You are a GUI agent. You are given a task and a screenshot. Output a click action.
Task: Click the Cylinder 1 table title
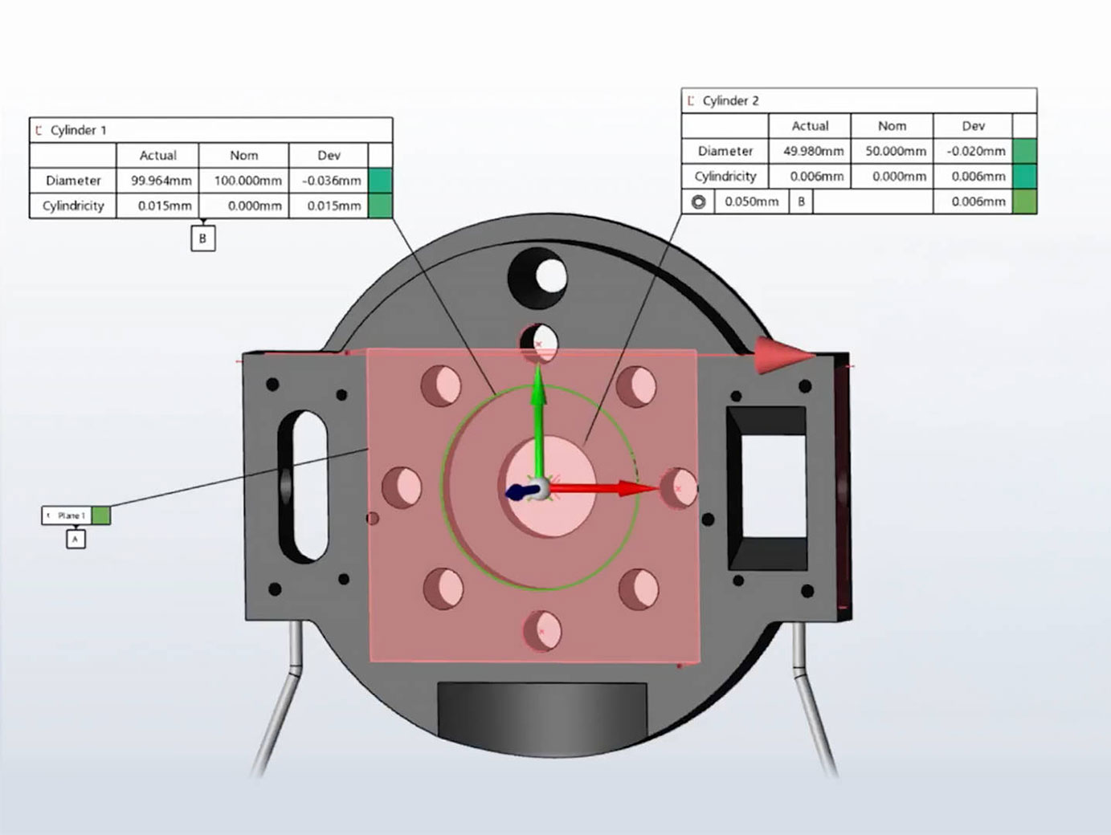click(78, 130)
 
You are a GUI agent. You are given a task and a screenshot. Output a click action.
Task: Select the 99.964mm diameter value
click(161, 181)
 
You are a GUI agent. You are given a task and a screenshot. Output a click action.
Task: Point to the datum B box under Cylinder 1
click(202, 238)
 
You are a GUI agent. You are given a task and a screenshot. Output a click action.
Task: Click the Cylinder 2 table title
click(730, 100)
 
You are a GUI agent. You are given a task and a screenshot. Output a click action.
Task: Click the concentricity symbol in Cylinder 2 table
click(699, 202)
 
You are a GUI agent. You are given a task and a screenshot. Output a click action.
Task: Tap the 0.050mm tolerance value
click(751, 202)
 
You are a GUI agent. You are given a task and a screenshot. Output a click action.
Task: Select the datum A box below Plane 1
click(76, 540)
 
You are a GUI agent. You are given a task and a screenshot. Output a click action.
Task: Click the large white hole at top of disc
click(550, 275)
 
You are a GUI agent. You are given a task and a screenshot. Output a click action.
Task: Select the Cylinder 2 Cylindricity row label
click(725, 176)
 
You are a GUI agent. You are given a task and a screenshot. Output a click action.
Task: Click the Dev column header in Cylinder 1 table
click(329, 156)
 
